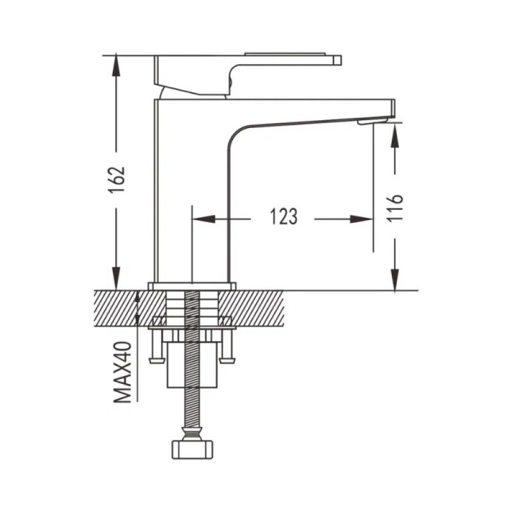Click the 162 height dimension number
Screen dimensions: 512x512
116,180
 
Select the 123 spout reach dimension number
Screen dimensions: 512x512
284,216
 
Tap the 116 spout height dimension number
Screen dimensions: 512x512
395,209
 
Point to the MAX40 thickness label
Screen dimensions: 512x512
122,372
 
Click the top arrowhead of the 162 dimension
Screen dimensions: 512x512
116,66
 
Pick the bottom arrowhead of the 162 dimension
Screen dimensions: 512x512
116,278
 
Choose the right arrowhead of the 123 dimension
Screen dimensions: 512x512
362,219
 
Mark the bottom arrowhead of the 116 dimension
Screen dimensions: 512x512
395,279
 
